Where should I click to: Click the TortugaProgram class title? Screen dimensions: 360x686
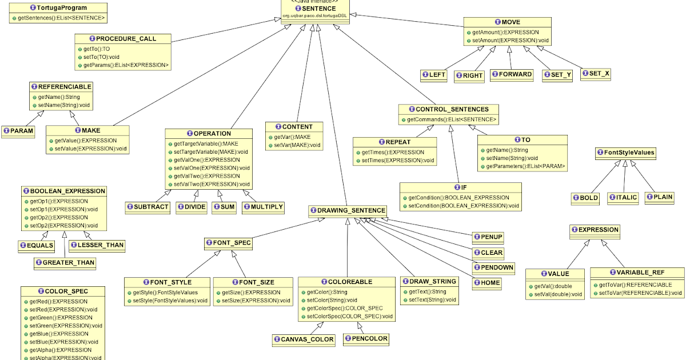tap(58, 9)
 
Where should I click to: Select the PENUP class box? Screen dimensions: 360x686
tap(488, 237)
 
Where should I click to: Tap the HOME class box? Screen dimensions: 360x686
tap(487, 282)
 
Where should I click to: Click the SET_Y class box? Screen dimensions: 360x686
tap(557, 75)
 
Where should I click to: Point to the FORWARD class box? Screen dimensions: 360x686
tap(512, 74)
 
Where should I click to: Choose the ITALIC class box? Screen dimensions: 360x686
tap(623, 197)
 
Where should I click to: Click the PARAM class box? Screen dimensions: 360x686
tap(18, 131)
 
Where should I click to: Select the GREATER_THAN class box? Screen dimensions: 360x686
tap(65, 263)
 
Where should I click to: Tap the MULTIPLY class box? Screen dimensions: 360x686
tap(263, 206)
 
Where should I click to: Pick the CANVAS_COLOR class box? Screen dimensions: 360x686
tap(303, 339)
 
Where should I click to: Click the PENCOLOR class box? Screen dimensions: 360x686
tap(366, 339)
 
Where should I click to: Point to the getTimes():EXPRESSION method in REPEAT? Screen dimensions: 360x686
tap(393, 153)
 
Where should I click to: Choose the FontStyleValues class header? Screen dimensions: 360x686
tap(625, 153)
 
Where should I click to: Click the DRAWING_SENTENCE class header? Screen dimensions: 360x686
tap(348, 211)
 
